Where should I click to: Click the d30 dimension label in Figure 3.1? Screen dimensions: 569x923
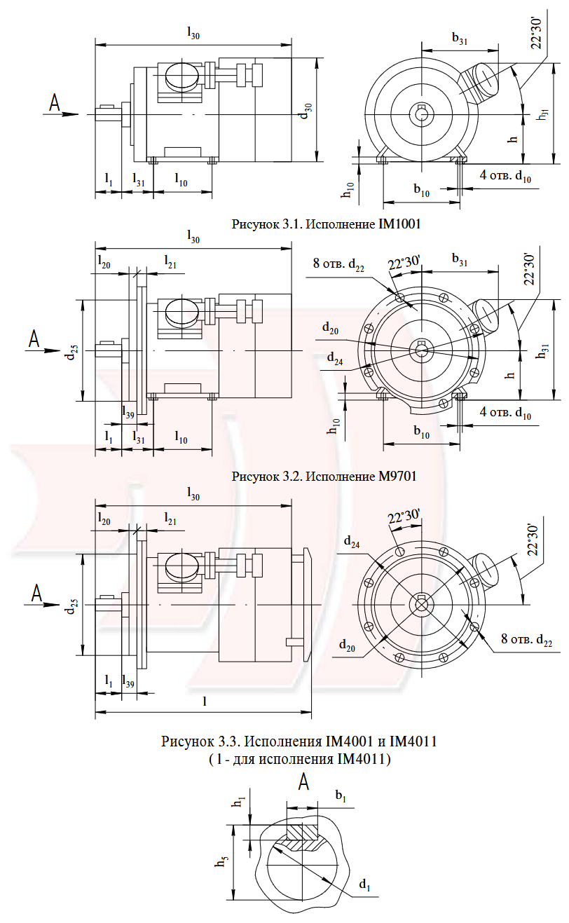pos(306,111)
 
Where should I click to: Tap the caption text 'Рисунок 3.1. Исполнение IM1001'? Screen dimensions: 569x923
pos(326,224)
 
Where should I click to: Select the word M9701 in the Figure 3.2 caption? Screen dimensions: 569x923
pos(397,477)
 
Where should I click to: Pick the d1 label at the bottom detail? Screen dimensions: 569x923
pos(364,884)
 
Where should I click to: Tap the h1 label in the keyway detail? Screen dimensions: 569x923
pos(240,802)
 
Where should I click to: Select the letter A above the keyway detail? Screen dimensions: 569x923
pos(303,781)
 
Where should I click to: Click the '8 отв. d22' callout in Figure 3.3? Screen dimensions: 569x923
pos(526,639)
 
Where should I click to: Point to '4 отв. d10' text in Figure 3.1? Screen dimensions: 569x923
pos(505,176)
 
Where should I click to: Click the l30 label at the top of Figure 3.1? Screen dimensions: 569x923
pos(193,32)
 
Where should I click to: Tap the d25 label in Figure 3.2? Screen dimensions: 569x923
pos(71,350)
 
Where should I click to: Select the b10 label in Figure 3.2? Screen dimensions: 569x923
pos(422,432)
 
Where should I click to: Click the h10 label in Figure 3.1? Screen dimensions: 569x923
pos(348,189)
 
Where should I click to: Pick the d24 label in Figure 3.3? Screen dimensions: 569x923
pos(352,542)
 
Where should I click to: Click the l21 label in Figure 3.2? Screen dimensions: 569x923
pos(170,261)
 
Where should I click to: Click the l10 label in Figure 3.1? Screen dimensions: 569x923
pos(181,179)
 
